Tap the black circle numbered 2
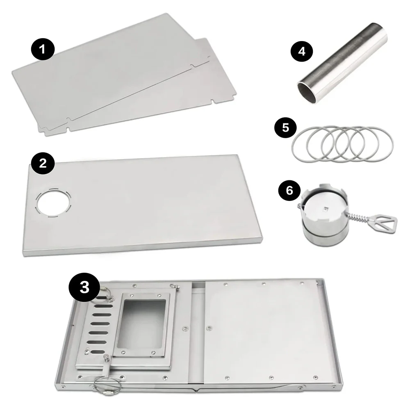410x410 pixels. pos(43,164)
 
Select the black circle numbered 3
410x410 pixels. pos(84,287)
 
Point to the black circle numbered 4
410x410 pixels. pos(302,52)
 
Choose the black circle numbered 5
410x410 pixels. pos(285,128)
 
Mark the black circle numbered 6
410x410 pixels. pos(289,190)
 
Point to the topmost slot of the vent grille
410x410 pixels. pos(105,298)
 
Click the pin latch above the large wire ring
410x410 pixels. pos(108,366)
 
